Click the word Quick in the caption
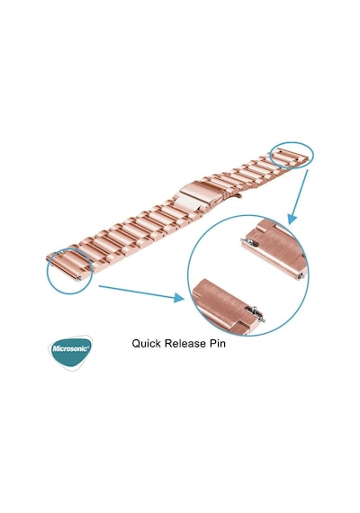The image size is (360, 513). pos(147,344)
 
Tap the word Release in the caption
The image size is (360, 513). pos(184,344)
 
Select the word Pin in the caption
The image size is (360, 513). pos(217,344)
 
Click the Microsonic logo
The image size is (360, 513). pos(69,352)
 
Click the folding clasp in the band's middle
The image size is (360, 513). pos(200,195)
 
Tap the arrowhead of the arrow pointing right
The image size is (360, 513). pos(179,297)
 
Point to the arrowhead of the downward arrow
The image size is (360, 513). pos(292,219)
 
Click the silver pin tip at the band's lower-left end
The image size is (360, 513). pos(79,279)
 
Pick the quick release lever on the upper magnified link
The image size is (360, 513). pos(249,242)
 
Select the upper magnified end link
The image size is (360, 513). pos(276,248)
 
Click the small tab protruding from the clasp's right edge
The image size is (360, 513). pos(238,196)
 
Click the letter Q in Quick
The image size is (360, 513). pos(137,344)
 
